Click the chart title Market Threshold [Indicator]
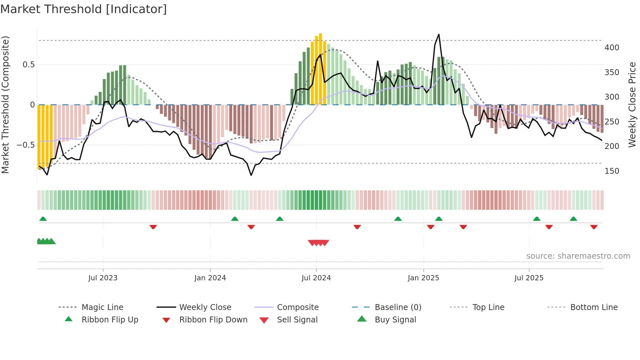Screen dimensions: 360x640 click(84, 9)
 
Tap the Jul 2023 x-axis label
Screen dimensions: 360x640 click(103, 278)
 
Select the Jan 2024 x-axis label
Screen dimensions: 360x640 click(210, 278)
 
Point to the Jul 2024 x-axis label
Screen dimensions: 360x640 click(316, 278)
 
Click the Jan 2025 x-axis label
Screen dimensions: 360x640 click(424, 278)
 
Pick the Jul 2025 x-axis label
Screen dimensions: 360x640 click(529, 278)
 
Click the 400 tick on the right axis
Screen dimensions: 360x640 click(612, 48)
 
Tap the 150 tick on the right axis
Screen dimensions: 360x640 click(612, 171)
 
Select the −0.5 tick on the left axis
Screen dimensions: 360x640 click(26, 145)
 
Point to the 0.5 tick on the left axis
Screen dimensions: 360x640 click(29, 65)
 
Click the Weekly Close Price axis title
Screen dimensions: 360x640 click(632, 105)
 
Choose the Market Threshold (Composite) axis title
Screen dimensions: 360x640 click(5, 105)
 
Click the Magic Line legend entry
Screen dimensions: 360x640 click(102, 307)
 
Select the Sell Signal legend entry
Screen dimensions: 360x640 click(297, 320)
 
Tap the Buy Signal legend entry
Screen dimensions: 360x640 click(395, 320)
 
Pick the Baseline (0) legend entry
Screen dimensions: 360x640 click(398, 307)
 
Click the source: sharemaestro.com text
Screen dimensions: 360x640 click(578, 256)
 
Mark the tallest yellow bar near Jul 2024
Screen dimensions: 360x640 click(320, 69)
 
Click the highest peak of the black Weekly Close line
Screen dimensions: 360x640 click(439, 35)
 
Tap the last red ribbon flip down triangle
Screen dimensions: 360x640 click(594, 227)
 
